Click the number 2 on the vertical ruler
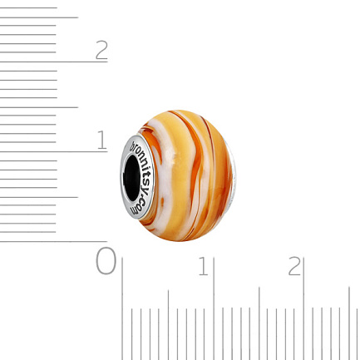[x=101, y=50]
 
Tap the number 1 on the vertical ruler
[x=102, y=140]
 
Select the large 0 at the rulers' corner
[x=106, y=261]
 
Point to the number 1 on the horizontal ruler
[x=204, y=266]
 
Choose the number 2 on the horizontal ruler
[x=294, y=266]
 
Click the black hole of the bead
[x=131, y=178]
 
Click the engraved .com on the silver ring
[x=139, y=205]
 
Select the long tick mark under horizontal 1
[x=214, y=308]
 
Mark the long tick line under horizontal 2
[x=303, y=308]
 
